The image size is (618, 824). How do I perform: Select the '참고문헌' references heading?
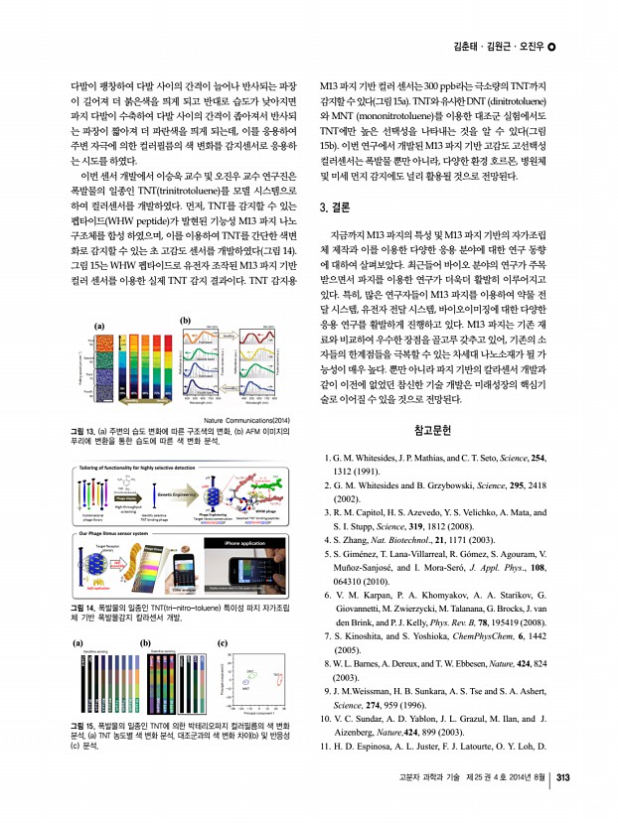pyautogui.click(x=432, y=430)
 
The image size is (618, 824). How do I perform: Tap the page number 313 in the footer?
pyautogui.click(x=563, y=804)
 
